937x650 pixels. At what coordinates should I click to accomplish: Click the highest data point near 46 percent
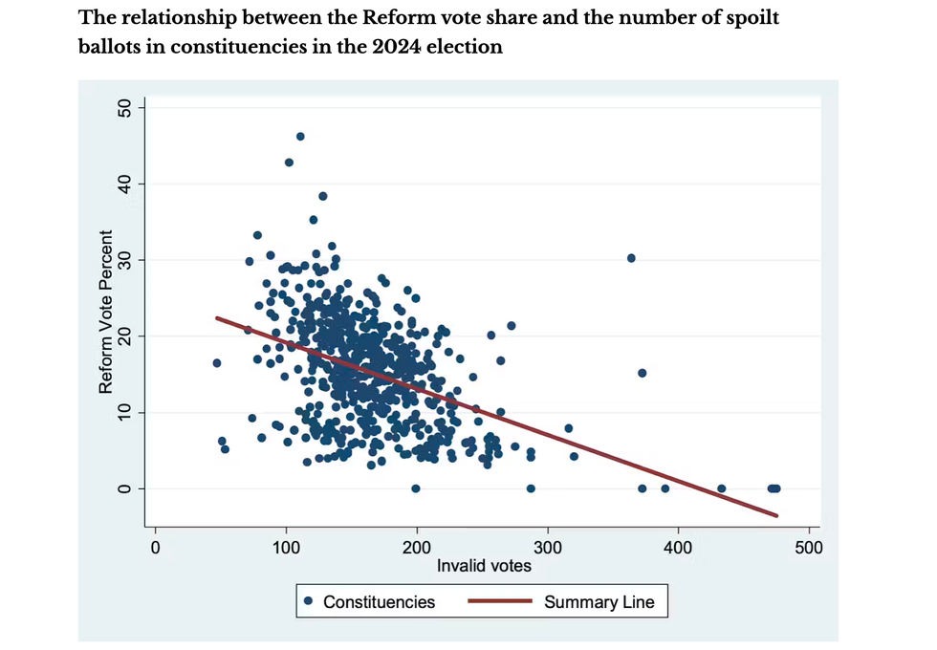[300, 137]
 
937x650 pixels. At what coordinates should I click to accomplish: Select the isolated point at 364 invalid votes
[631, 258]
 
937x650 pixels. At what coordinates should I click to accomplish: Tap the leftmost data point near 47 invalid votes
[217, 363]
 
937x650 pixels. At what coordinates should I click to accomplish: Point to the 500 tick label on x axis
[809, 549]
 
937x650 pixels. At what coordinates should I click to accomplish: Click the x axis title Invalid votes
[484, 566]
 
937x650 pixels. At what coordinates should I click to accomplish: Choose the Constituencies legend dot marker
[309, 602]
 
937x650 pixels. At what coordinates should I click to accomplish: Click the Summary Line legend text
[599, 602]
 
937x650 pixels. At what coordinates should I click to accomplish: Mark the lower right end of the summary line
[777, 516]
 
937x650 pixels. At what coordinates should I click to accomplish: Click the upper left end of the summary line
[216, 317]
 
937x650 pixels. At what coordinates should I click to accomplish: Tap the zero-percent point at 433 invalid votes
[722, 488]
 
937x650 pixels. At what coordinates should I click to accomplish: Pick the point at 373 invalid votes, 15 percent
[643, 373]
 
